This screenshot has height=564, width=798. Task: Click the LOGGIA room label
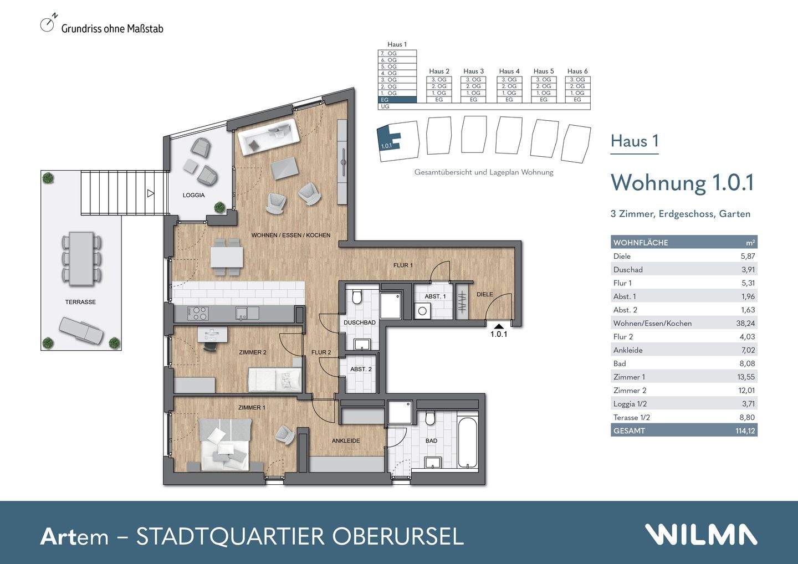193,195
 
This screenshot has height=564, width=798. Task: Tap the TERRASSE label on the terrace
80,302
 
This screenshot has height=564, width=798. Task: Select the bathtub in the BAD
468,442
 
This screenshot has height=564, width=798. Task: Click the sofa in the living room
269,135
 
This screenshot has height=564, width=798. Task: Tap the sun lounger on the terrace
81,331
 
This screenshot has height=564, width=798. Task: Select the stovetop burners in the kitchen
198,314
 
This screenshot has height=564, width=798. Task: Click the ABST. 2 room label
361,369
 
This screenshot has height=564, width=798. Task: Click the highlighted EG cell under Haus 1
397,100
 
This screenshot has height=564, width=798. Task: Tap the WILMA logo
700,535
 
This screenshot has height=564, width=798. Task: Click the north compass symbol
48,24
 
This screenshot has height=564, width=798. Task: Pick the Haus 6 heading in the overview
577,71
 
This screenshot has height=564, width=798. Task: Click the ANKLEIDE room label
346,441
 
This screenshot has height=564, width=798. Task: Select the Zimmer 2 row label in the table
630,390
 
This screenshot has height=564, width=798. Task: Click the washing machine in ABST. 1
423,311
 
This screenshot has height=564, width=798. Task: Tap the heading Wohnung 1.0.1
682,183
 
